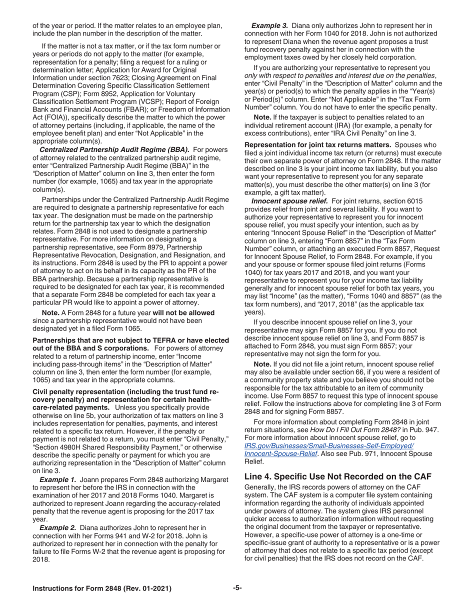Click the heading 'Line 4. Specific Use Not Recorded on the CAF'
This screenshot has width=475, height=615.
tap(338, 476)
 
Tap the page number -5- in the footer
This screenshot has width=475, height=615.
tap(237, 588)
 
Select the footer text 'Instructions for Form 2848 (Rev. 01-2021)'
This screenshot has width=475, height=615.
tap(102, 588)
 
